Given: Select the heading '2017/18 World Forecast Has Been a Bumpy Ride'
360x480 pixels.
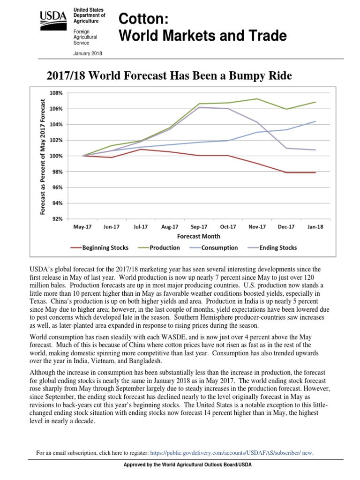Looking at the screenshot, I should tap(169, 75).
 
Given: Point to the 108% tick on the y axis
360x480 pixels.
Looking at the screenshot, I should tap(56, 93).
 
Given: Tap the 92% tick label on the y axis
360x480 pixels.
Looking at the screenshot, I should tap(58, 219).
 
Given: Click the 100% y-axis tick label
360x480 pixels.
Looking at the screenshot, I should tap(56, 156).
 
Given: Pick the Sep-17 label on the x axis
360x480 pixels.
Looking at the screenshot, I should tap(199, 226).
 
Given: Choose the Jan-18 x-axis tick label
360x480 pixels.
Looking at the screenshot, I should tap(315, 226).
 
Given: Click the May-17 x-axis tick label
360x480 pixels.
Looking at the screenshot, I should tap(82, 226).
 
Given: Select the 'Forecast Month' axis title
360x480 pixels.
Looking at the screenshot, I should tap(199, 236).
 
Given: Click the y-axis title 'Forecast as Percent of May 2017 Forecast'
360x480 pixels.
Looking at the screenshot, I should tap(43, 157).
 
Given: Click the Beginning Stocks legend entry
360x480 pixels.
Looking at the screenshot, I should tap(103, 247).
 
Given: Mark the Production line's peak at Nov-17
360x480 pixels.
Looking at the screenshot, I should tap(257, 99).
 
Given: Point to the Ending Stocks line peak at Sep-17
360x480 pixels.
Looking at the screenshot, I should tap(199, 107).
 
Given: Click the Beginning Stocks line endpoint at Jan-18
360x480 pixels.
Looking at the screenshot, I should tap(315, 172).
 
